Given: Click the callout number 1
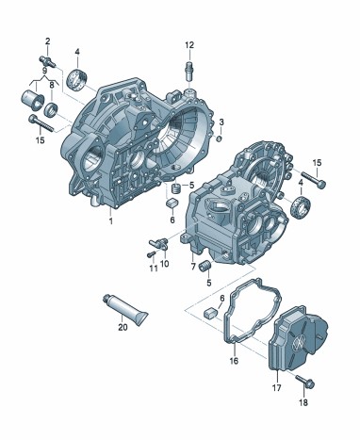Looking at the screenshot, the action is coord(110,221).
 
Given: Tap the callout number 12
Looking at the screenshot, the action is coord(189,45).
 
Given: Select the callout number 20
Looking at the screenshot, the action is coord(123,327).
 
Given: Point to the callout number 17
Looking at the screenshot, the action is coord(276,388).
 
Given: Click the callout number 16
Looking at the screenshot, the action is coord(234,361).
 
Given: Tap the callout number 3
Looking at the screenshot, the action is coord(221,122).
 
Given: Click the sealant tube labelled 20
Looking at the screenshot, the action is coord(125,310).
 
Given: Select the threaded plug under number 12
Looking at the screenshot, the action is coord(188,73).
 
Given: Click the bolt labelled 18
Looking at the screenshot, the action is coord(305,382).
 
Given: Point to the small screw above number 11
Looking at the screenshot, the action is coord(152,253).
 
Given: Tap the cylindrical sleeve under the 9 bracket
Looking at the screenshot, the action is coord(33,100).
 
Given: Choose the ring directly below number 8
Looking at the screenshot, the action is coord(51,108).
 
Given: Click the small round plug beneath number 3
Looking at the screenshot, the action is coord(220,139).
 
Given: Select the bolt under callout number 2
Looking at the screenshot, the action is coord(47,61).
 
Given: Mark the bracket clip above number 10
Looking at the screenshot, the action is coord(160,243).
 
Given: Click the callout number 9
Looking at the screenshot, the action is coord(44,71).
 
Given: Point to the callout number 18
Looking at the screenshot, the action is coord(303,402).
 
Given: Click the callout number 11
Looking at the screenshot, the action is coord(154,269).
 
